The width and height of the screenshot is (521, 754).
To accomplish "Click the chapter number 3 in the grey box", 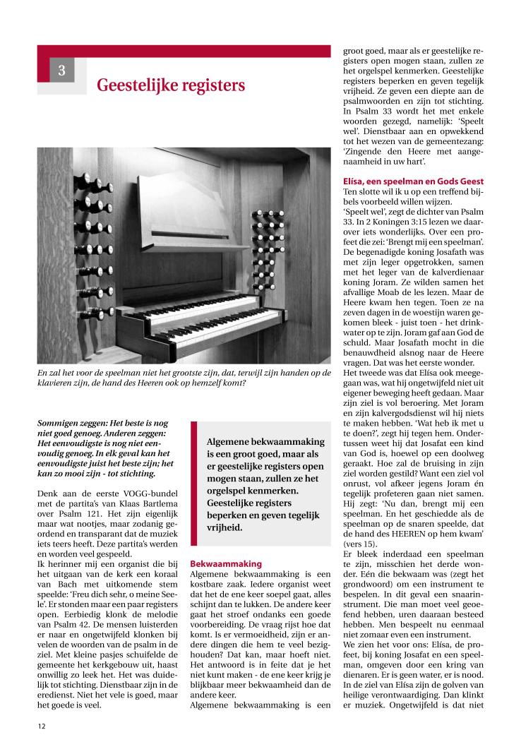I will click(x=61, y=71).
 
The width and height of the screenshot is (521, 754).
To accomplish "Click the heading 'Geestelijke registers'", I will click(x=171, y=85).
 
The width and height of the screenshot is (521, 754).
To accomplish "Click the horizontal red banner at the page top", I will click(x=184, y=51).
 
